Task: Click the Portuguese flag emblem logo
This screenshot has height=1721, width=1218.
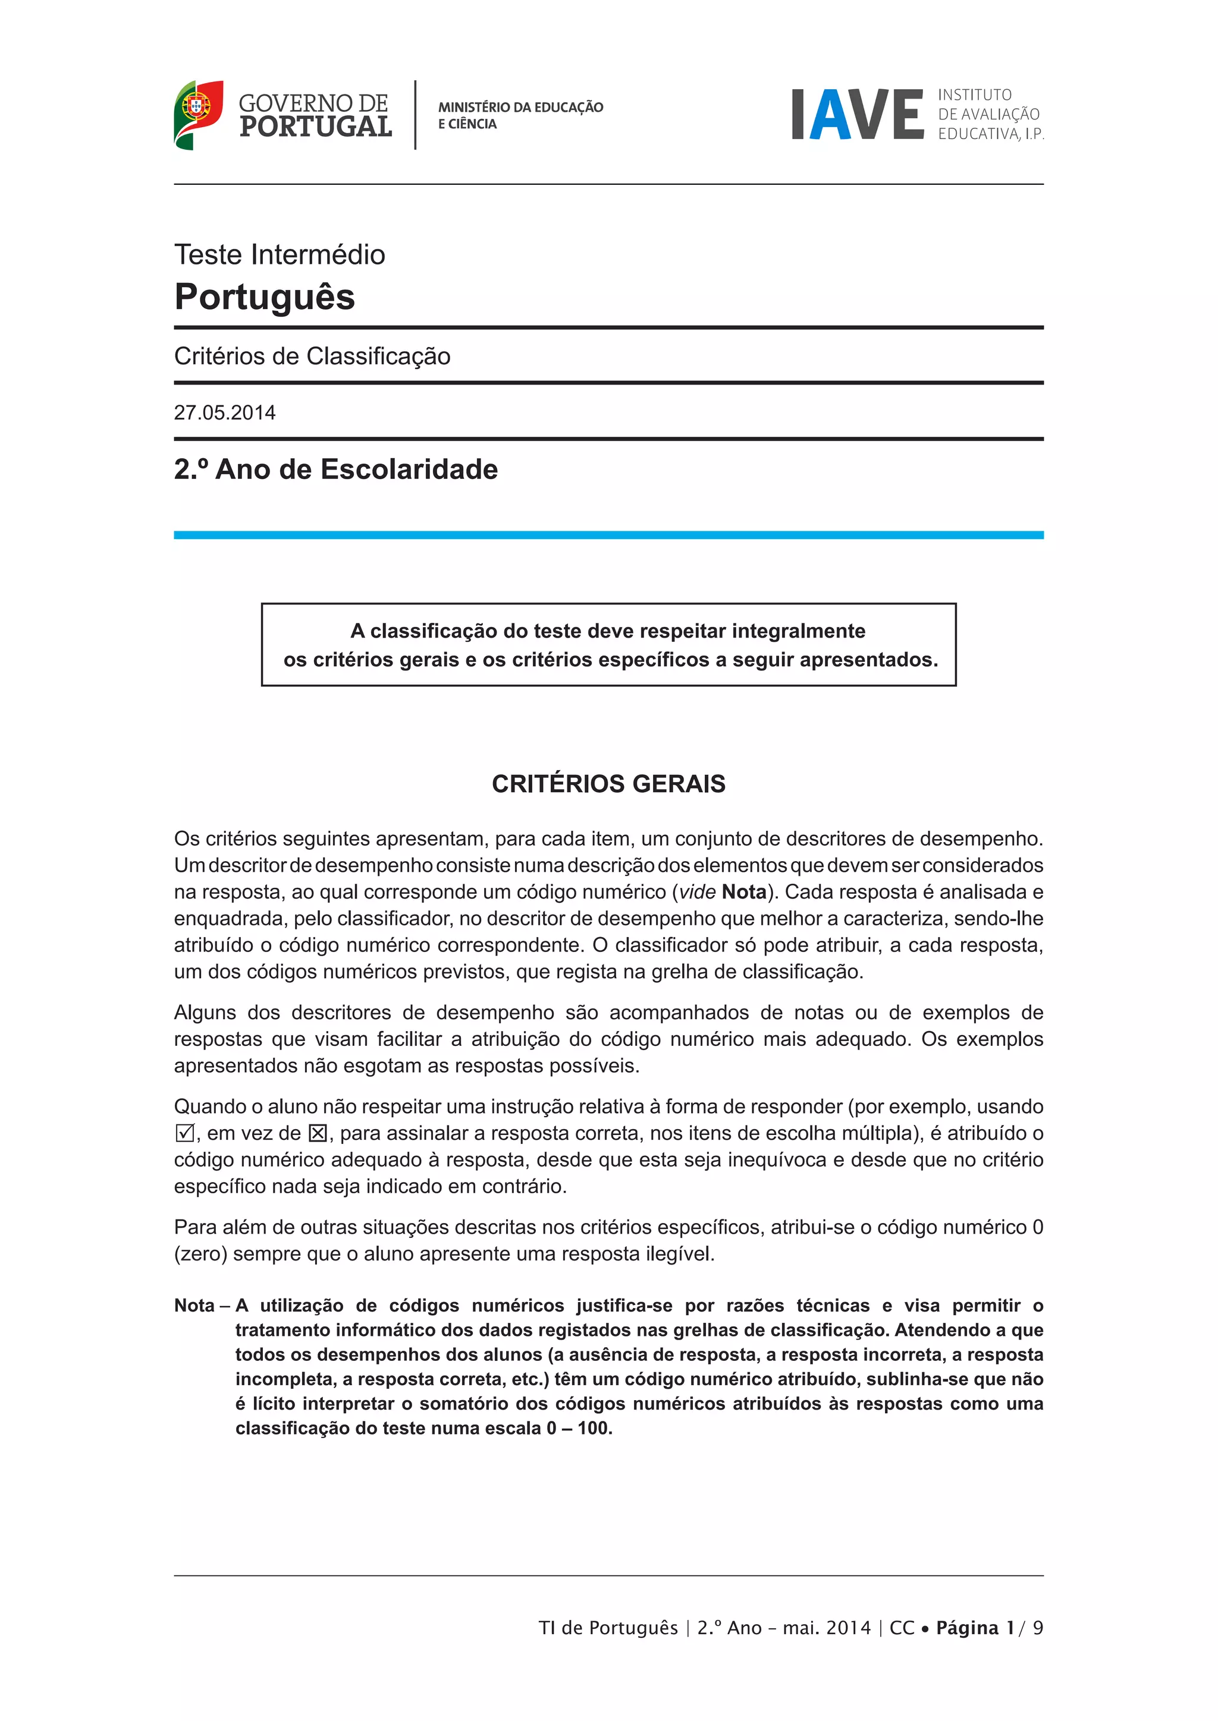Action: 198,114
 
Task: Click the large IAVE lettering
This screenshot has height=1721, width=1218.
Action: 857,115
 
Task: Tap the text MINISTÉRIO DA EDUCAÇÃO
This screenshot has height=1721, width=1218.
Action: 520,107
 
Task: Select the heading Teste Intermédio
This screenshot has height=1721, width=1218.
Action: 280,255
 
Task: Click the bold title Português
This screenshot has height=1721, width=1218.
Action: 265,297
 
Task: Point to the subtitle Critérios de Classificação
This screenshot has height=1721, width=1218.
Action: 312,356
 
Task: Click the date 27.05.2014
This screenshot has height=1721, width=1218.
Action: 225,413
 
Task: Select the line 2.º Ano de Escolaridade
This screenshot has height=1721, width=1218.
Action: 336,469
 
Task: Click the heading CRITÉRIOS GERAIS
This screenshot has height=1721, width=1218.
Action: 608,784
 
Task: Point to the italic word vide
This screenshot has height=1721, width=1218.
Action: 697,892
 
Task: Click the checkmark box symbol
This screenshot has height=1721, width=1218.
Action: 184,1133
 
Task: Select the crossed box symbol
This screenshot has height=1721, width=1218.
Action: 318,1133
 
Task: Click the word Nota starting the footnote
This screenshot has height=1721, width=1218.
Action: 194,1306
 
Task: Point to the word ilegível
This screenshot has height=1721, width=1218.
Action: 679,1254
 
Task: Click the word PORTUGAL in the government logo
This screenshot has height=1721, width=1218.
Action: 316,127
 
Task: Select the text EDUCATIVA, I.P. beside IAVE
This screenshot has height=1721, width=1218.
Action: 990,134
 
